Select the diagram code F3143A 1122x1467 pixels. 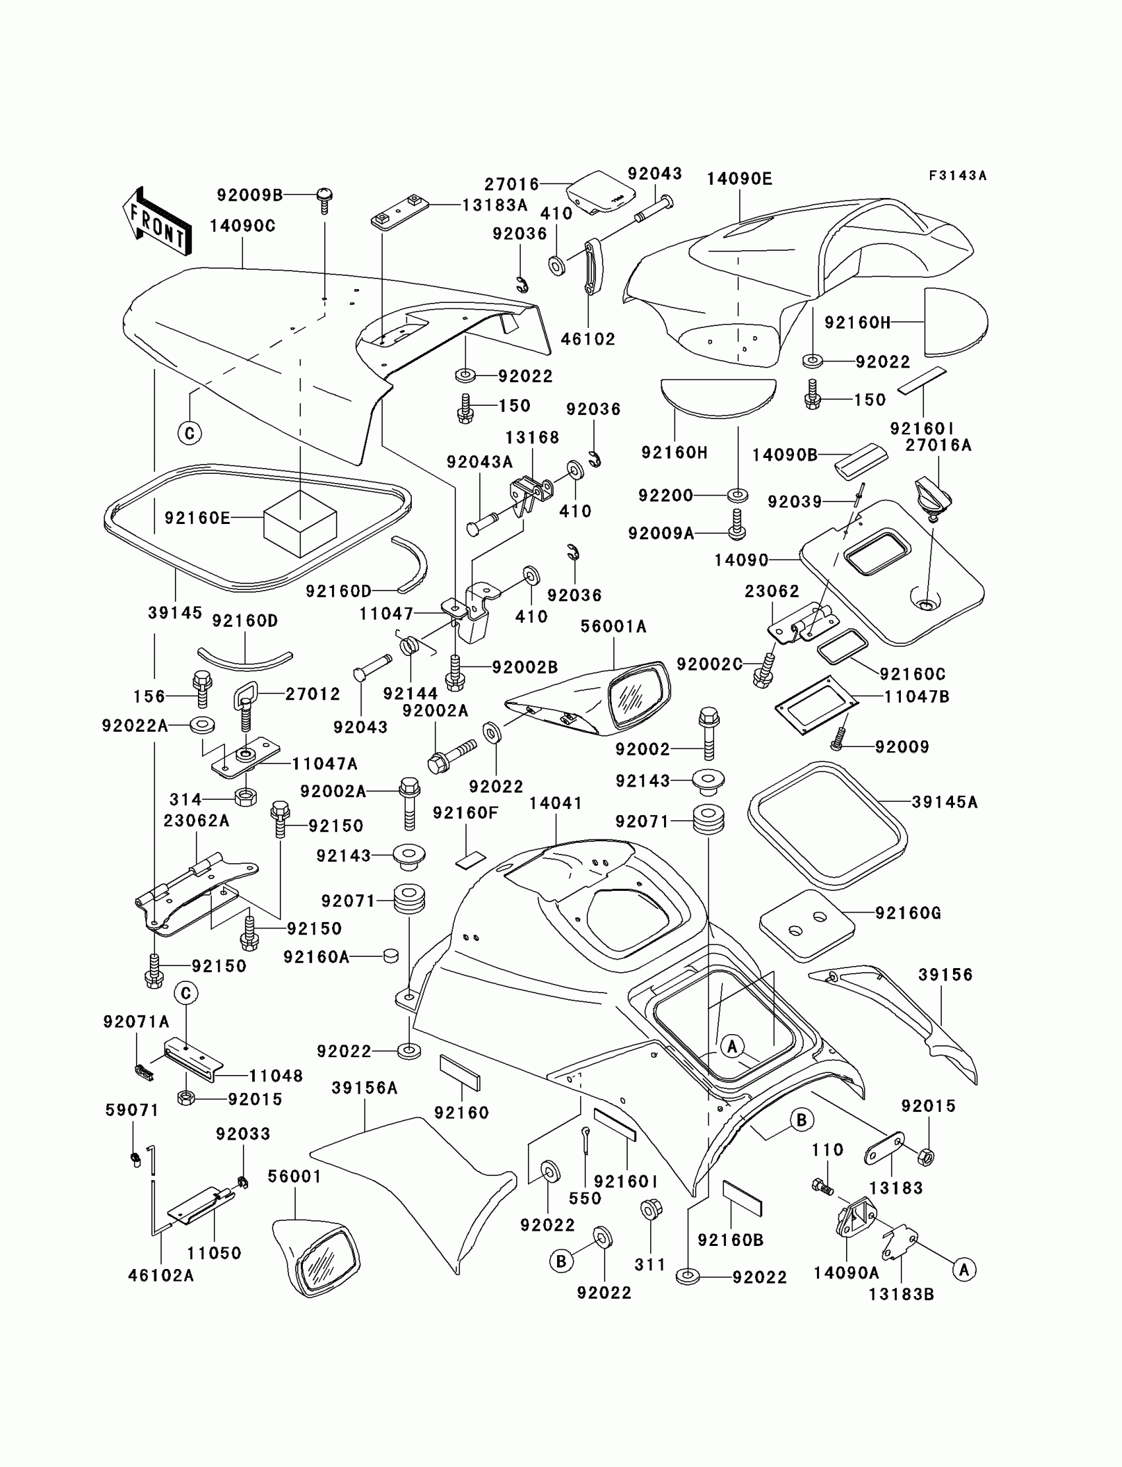(957, 176)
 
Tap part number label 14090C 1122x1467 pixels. (242, 226)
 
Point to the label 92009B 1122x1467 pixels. (249, 195)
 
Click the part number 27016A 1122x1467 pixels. (939, 445)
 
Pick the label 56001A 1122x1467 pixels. (613, 626)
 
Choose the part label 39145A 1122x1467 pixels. (944, 802)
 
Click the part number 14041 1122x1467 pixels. (556, 803)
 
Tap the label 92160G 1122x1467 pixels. (907, 913)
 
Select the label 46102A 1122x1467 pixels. (161, 1276)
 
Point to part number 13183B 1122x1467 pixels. (901, 1294)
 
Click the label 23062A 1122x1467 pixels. (197, 821)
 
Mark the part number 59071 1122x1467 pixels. (132, 1111)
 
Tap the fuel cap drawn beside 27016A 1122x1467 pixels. (934, 496)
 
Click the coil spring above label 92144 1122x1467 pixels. (411, 644)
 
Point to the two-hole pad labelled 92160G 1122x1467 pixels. (807, 925)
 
